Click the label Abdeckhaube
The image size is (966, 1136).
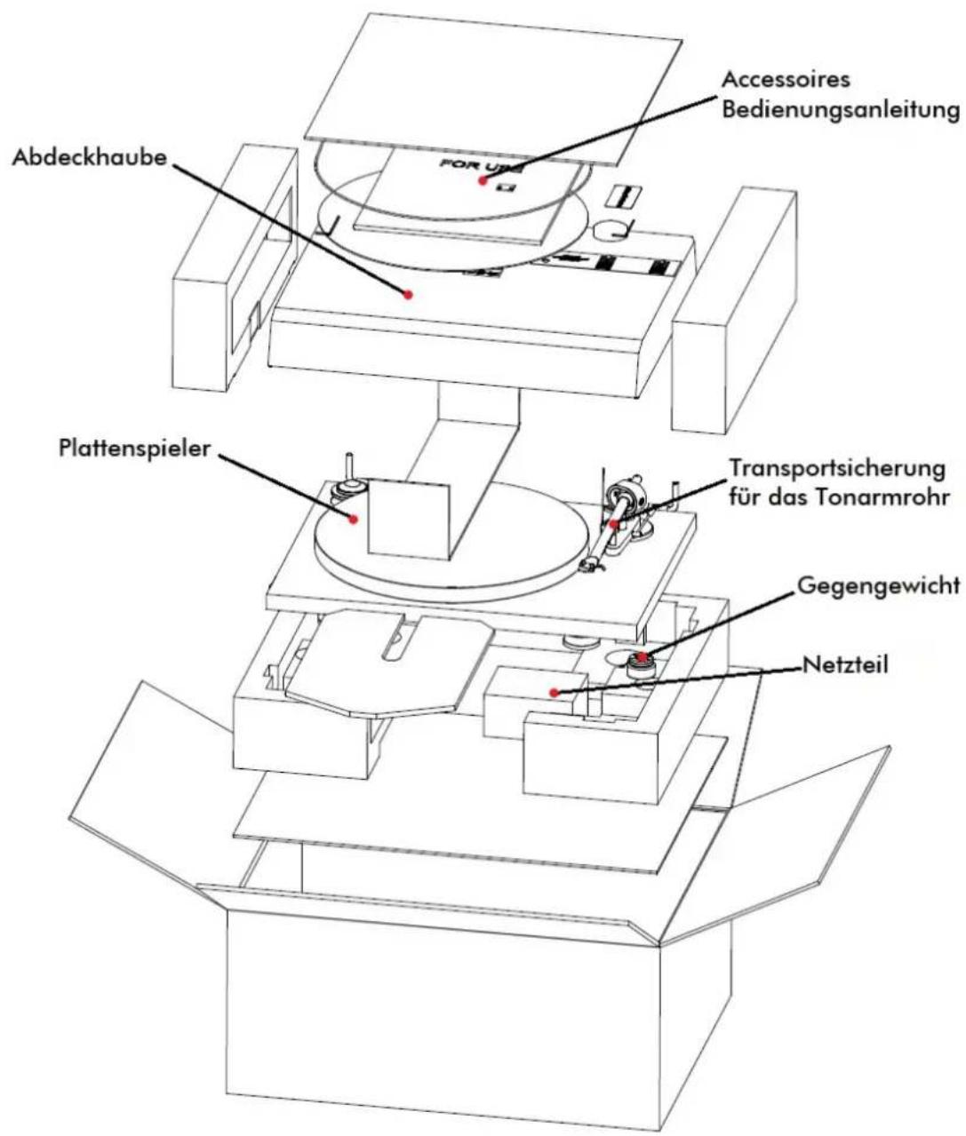90,158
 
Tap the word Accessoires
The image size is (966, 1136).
786,80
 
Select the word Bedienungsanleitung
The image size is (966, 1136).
841,110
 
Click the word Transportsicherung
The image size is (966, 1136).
837,469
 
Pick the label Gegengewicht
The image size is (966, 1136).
878,586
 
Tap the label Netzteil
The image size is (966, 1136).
845,666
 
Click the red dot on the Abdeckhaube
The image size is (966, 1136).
407,295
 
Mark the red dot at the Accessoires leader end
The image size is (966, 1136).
483,180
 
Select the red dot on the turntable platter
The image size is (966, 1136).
354,519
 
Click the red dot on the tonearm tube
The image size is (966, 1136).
614,524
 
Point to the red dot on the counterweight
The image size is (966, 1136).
642,656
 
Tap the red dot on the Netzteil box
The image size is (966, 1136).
555,693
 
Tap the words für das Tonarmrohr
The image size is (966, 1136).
839,498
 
